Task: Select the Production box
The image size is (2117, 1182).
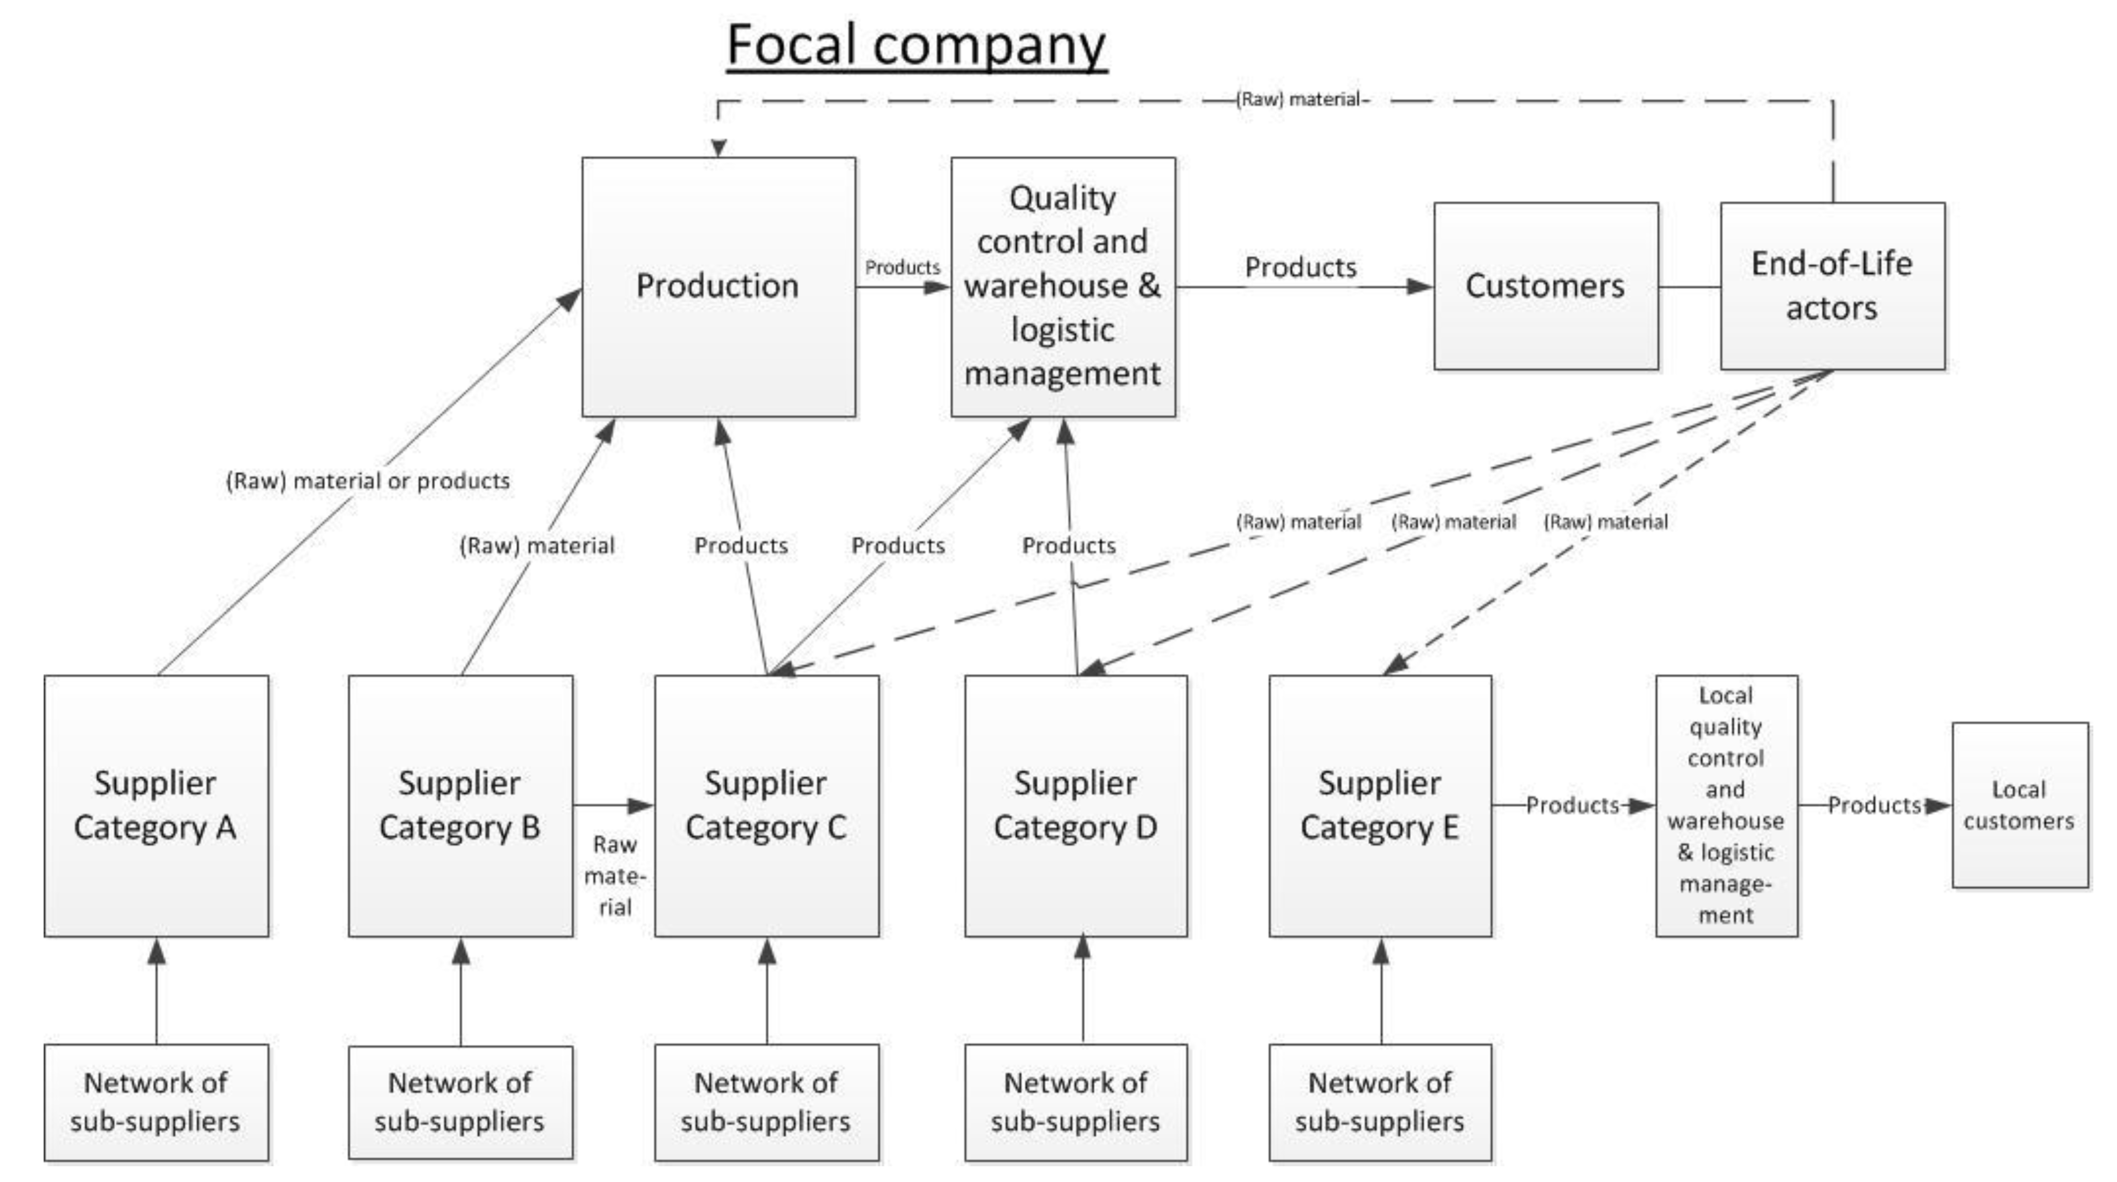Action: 718,287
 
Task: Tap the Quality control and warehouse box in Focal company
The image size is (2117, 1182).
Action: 1062,287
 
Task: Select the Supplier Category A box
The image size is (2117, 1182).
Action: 156,805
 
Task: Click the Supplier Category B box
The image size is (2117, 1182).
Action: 460,805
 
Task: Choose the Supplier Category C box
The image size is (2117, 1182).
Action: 766,805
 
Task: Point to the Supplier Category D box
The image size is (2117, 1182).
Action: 1075,805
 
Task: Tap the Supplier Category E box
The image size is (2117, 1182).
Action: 1380,805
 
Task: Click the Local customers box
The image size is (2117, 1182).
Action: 2019,805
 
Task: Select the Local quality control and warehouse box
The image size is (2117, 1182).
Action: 1726,805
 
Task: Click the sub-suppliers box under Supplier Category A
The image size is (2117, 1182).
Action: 156,1102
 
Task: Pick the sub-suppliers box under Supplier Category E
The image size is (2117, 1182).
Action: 1380,1102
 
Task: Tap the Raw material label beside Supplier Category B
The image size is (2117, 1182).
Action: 615,876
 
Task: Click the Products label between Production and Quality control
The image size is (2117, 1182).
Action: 902,268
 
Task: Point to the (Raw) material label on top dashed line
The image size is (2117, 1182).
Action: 1302,99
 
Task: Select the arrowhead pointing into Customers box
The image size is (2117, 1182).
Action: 1420,287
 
